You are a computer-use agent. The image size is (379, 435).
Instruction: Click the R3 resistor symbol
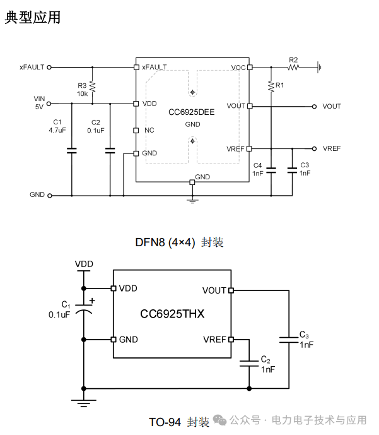click(92, 87)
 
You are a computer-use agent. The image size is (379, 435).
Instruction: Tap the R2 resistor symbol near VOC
click(293, 67)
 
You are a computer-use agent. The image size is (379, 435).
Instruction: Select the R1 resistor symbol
click(271, 86)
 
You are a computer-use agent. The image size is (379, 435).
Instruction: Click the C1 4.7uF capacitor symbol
click(72, 151)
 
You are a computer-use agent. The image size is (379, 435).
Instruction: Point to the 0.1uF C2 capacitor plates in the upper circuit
click(110, 151)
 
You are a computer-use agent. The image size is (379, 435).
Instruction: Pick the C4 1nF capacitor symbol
click(271, 170)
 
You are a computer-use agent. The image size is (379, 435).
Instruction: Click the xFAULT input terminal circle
click(49, 67)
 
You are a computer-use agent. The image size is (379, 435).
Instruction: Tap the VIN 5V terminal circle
click(49, 104)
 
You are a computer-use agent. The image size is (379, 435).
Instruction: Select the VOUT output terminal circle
click(314, 107)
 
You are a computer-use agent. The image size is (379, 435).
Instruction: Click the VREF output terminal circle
click(314, 149)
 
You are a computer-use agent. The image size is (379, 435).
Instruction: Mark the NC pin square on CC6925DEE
click(136, 131)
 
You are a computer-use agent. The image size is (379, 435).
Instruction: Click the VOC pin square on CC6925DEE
click(250, 67)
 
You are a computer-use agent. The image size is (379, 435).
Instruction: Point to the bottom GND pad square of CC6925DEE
click(192, 182)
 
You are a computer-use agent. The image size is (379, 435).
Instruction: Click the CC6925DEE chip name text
click(192, 112)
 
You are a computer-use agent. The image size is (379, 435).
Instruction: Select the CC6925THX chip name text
click(172, 314)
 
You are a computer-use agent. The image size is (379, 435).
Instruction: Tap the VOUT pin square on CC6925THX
click(231, 290)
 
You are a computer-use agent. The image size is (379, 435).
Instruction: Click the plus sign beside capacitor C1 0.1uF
click(92, 301)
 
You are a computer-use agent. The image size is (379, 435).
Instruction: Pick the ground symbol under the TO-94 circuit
click(84, 403)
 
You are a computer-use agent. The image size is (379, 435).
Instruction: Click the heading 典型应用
click(33, 17)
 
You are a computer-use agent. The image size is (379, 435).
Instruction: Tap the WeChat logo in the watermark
click(219, 420)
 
